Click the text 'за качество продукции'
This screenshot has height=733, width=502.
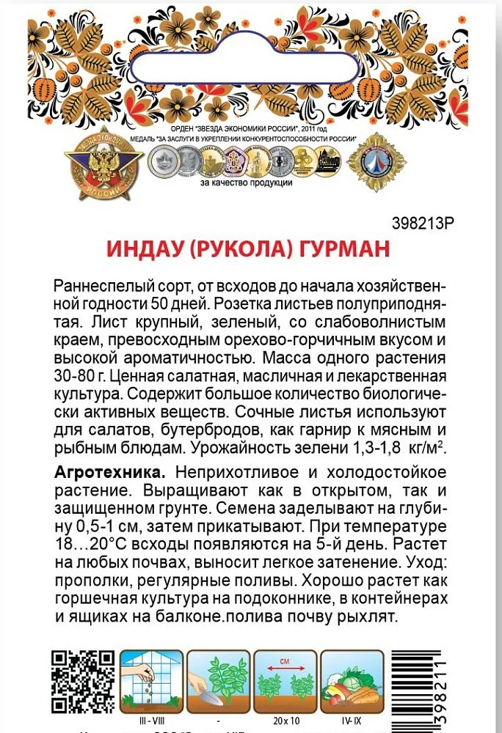[x=246, y=183]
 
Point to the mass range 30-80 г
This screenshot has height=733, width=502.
[x=84, y=377]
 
